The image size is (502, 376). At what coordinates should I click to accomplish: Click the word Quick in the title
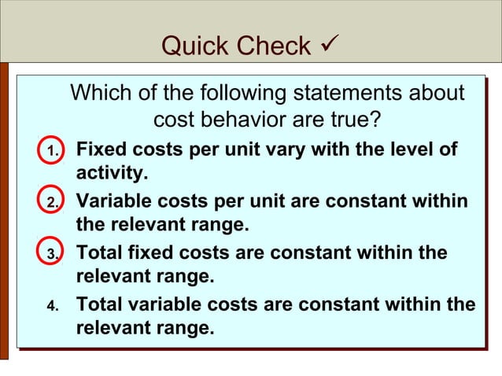click(x=193, y=46)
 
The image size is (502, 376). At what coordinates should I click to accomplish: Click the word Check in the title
click(x=271, y=46)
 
